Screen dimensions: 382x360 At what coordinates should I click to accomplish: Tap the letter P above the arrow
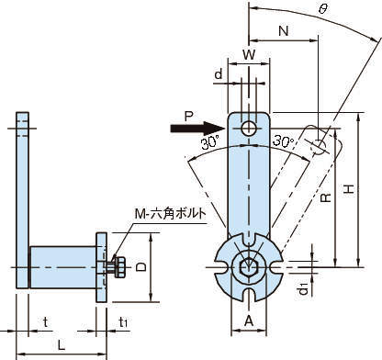pyautogui.click(x=189, y=117)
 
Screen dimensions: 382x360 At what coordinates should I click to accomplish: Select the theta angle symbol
pyautogui.click(x=322, y=9)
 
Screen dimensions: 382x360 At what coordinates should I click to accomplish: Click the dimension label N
pyautogui.click(x=284, y=31)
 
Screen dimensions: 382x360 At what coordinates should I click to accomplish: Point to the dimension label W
pyautogui.click(x=249, y=55)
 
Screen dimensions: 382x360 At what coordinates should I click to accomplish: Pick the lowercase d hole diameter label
pyautogui.click(x=219, y=74)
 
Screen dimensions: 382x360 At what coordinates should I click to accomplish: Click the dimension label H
pyautogui.click(x=349, y=189)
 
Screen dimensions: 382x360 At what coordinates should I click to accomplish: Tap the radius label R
pyautogui.click(x=326, y=197)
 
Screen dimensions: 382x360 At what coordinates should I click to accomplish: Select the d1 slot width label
pyautogui.click(x=303, y=289)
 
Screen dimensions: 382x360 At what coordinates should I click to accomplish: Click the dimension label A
pyautogui.click(x=249, y=321)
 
